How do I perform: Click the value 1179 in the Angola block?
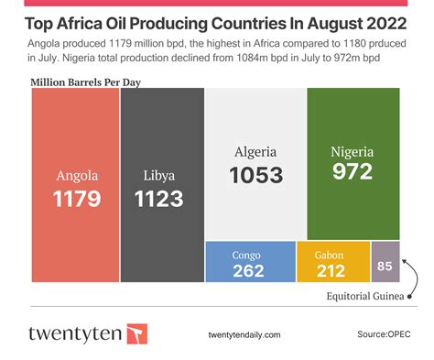77,198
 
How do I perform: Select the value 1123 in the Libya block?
159,198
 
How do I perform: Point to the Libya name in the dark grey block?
159,176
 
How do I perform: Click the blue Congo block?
248,261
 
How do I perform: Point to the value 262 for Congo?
248,270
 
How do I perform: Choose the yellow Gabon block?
332,261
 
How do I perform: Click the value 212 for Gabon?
332,270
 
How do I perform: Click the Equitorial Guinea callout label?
365,296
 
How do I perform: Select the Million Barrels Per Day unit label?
86,82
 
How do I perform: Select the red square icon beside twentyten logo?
136,333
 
